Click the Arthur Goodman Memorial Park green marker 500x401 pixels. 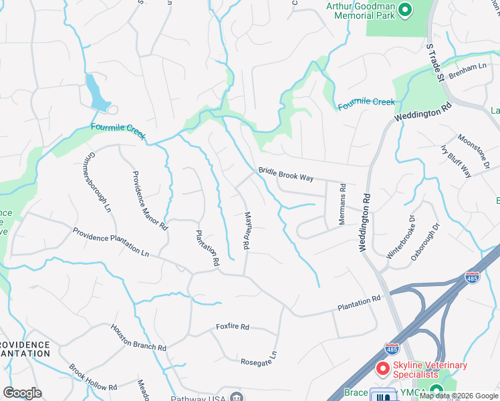tap(404, 10)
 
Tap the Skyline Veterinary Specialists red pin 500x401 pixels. tap(382, 369)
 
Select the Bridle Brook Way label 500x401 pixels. tap(286, 175)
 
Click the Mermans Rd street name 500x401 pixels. tap(342, 205)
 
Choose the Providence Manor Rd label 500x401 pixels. tap(149, 200)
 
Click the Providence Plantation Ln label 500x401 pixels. tap(111, 242)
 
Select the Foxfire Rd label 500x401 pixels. tap(232, 327)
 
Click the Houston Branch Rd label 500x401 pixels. tap(138, 338)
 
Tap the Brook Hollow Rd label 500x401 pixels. tap(93, 378)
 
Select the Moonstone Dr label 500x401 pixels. tap(474, 151)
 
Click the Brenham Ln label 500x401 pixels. tap(469, 70)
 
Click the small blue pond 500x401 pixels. tap(96, 92)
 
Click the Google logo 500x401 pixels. tap(23, 393)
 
